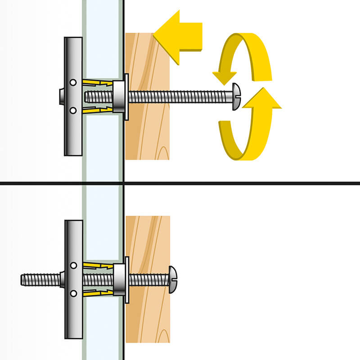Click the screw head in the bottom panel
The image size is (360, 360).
(x=173, y=280)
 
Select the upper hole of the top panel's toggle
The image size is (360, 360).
(x=73, y=83)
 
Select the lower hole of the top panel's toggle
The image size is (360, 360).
(x=73, y=110)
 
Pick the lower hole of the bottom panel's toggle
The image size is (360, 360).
(x=74, y=293)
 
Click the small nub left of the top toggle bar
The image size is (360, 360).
(x=62, y=96)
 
